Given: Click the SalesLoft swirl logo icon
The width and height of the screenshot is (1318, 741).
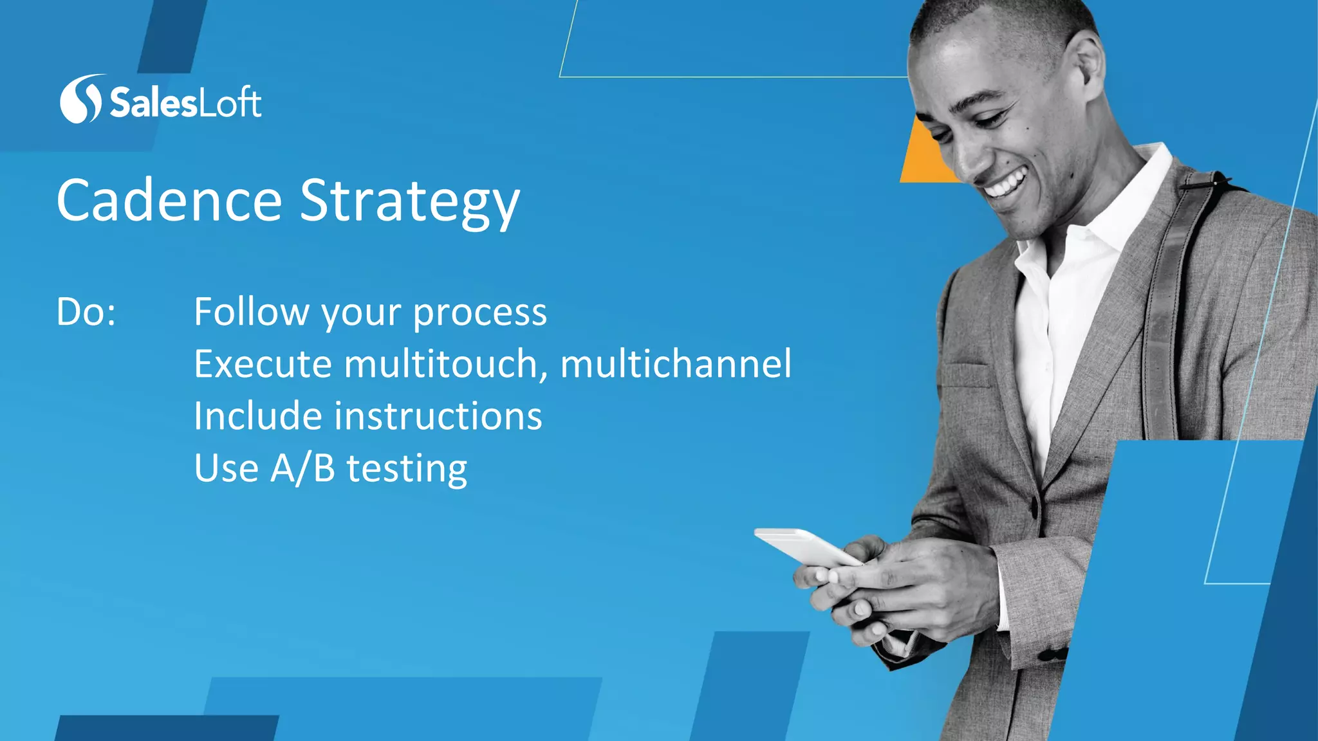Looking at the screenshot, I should pos(80,99).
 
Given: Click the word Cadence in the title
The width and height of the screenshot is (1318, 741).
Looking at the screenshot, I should pos(169,201).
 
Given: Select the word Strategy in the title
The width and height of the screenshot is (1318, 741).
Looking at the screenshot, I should pos(409,202).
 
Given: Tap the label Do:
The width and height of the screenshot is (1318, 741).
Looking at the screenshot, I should pos(86,313).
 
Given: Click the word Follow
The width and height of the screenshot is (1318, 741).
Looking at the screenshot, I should pos(251,312).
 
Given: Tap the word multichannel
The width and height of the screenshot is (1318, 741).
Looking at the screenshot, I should pos(676,364).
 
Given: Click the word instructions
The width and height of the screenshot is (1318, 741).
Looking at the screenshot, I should pos(438,416).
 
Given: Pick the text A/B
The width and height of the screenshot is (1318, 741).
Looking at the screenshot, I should pos(302,468).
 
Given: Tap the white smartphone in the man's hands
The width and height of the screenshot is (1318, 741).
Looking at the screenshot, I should pos(804,547).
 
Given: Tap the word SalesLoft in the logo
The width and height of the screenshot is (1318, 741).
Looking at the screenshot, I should pos(185,102).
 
